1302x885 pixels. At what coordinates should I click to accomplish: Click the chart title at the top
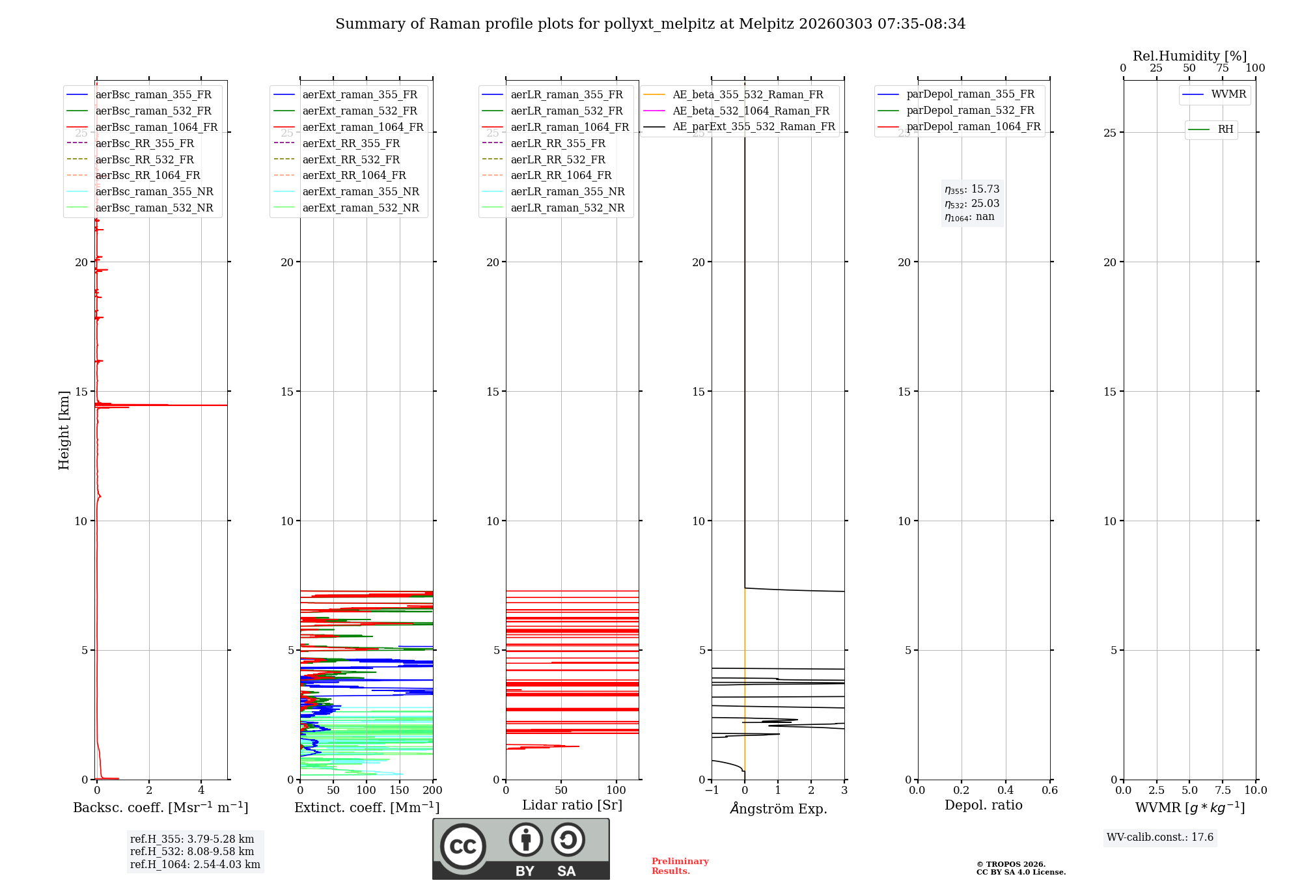click(650, 24)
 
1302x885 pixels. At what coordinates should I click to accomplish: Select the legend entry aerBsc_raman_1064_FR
click(156, 128)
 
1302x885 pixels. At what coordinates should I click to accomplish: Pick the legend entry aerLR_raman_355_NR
click(567, 192)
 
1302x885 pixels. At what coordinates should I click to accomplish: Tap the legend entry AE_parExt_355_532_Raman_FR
click(753, 127)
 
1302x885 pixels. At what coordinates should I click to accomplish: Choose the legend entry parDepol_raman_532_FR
click(970, 111)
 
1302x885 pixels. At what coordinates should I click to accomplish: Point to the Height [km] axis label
click(64, 429)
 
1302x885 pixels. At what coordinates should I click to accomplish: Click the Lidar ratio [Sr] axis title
click(572, 805)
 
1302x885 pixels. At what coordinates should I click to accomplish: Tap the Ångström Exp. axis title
click(778, 808)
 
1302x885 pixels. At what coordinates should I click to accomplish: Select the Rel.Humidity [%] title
click(1189, 56)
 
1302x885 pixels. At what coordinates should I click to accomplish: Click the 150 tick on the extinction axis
click(399, 791)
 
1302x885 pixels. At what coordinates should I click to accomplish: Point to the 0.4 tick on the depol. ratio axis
click(1005, 791)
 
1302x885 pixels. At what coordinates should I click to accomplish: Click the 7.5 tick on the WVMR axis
click(1223, 791)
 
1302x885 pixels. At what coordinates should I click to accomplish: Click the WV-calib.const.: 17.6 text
click(1159, 837)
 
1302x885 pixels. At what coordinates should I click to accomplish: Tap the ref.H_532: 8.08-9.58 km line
click(192, 852)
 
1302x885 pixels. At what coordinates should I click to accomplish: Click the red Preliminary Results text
click(680, 866)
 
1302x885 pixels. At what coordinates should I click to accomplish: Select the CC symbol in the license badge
click(463, 847)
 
